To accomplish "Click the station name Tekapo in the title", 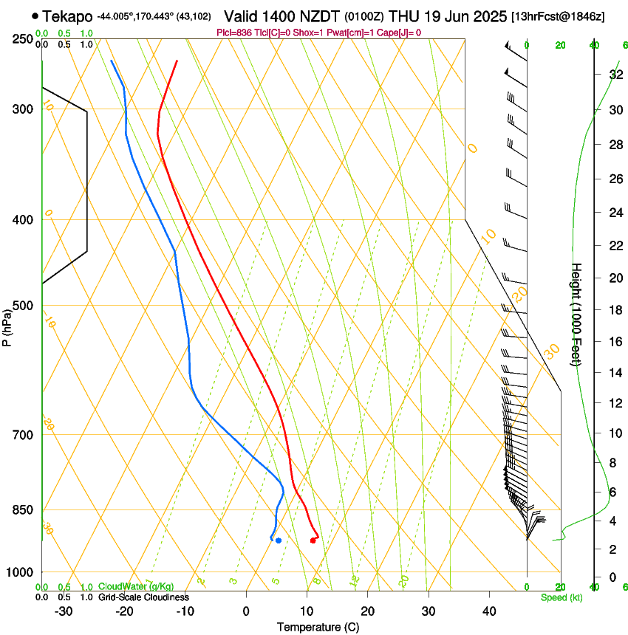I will pos(67,16).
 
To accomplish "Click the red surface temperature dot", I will pos(313,540).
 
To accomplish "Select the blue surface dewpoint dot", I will pos(278,540).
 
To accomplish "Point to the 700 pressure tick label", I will pos(24,435).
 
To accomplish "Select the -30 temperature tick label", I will pos(64,611).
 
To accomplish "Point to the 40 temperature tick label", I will pos(489,611).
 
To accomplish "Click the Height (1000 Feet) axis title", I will pos(576,314).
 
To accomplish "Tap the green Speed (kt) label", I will pos(561,597).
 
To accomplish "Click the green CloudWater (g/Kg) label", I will pos(136,586).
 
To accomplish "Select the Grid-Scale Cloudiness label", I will pos(143,597).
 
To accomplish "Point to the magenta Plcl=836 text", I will pos(236,32).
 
